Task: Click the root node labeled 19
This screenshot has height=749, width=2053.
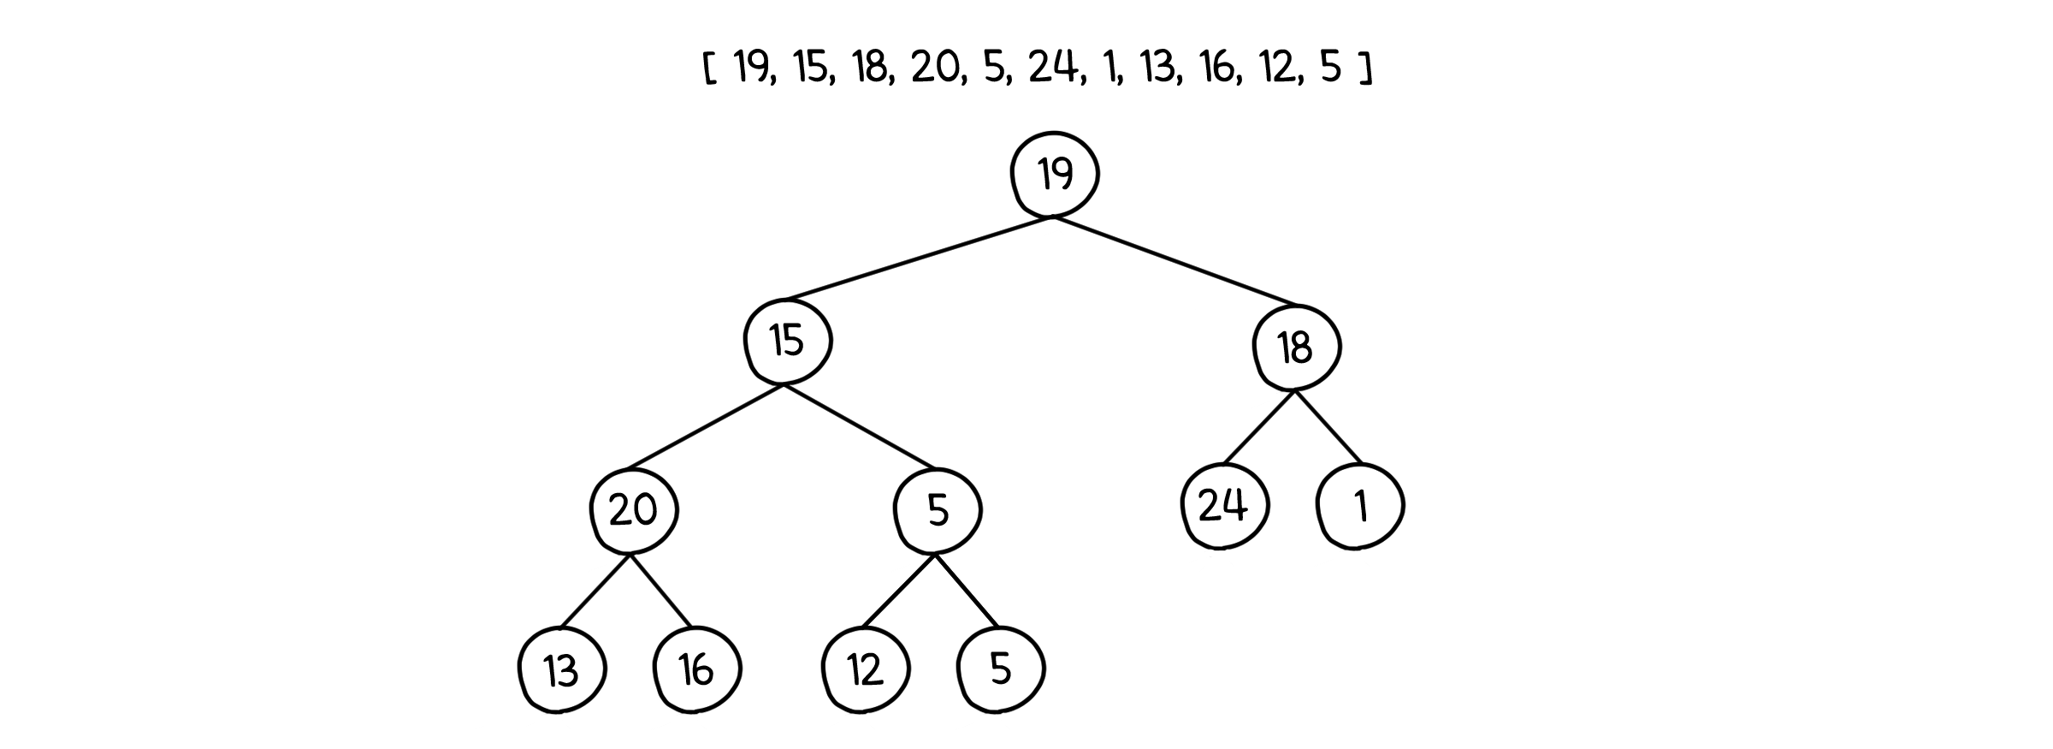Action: (x=1055, y=174)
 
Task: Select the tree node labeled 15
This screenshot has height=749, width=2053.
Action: (x=787, y=340)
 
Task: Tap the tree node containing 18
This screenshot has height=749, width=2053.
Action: (x=1296, y=348)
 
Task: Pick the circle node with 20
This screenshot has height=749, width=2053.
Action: (x=633, y=510)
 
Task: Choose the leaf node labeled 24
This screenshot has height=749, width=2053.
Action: (x=1223, y=506)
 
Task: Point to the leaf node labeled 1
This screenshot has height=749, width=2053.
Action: (x=1360, y=507)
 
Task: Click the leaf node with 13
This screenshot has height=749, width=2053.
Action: (x=561, y=670)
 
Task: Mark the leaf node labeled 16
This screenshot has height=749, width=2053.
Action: (x=696, y=669)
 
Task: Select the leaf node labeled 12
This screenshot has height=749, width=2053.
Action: (x=865, y=669)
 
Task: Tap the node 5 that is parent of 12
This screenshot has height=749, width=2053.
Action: (x=938, y=510)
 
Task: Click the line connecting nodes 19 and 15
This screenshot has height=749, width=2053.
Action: (x=917, y=259)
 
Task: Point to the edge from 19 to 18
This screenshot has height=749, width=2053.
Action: (x=1176, y=262)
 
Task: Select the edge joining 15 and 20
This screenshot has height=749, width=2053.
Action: (x=706, y=426)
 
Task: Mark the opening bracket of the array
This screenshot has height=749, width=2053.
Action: (x=709, y=68)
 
